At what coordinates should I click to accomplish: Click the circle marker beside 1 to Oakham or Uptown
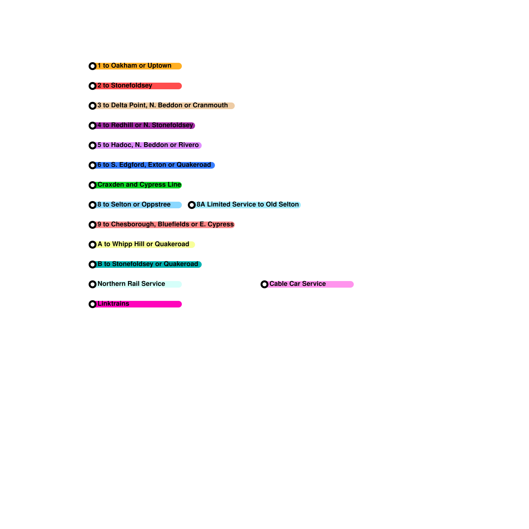[x=93, y=66]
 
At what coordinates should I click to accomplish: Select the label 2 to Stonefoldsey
[x=125, y=86]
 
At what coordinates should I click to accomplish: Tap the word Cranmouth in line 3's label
[x=210, y=105]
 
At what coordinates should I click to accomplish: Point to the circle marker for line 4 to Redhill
[x=93, y=126]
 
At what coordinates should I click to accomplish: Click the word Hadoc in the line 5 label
[x=121, y=145]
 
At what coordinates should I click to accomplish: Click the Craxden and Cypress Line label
[x=139, y=185]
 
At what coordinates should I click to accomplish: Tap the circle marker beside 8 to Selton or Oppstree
[x=93, y=205]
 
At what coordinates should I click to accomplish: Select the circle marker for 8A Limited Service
[x=192, y=205]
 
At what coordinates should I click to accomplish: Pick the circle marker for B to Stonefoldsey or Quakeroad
[x=93, y=264]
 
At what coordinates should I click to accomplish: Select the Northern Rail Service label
[x=131, y=284]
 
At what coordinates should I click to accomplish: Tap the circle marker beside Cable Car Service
[x=264, y=284]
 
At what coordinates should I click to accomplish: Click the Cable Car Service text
[x=298, y=284]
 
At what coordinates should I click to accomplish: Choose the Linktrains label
[x=113, y=304]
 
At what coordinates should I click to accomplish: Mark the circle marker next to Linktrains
[x=93, y=304]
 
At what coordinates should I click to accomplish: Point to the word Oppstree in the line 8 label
[x=156, y=205]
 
